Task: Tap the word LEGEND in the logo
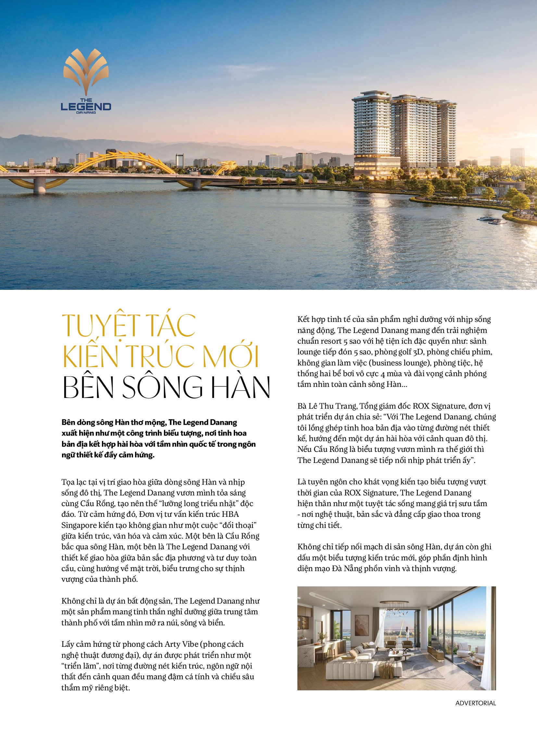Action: click(x=86, y=106)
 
